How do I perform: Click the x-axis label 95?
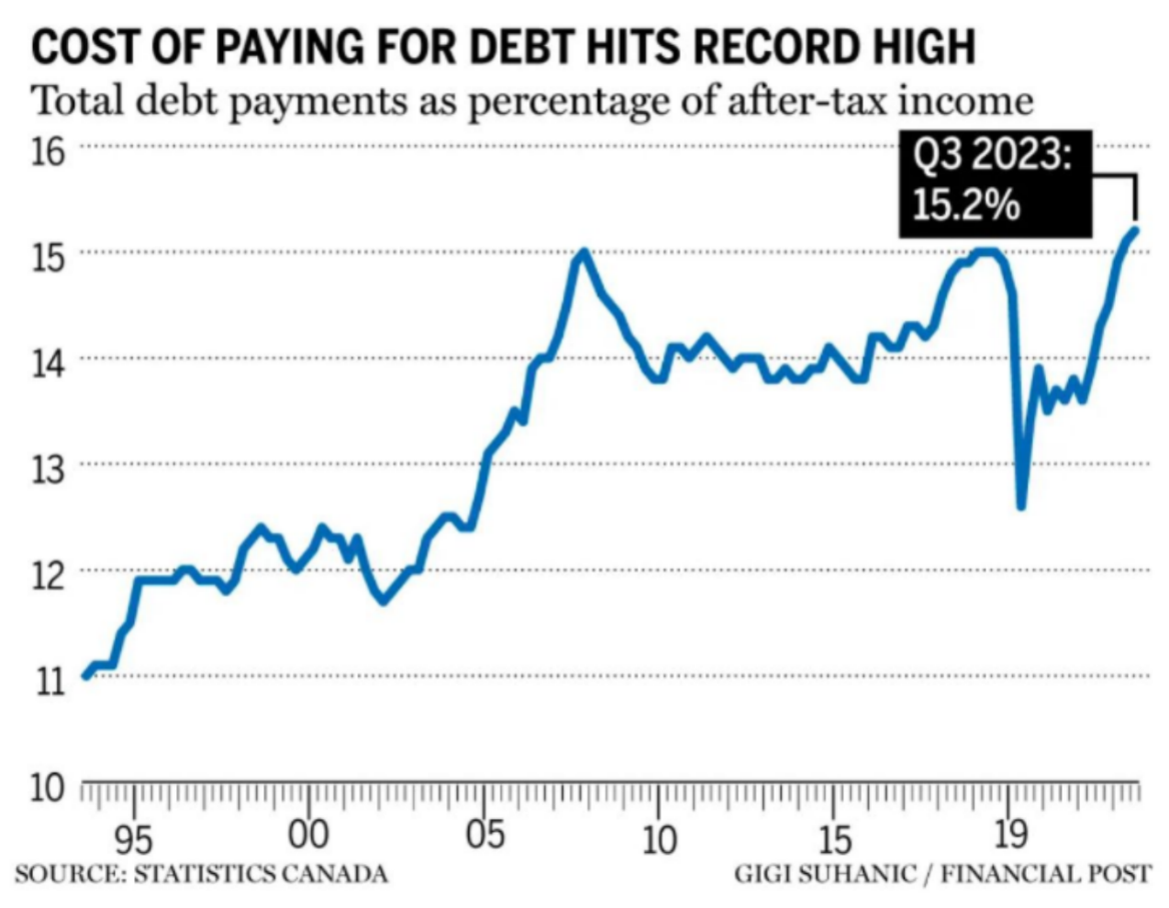[135, 838]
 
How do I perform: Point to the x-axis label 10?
[658, 838]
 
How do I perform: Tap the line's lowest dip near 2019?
[1020, 505]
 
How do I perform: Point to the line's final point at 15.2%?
[1136, 229]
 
